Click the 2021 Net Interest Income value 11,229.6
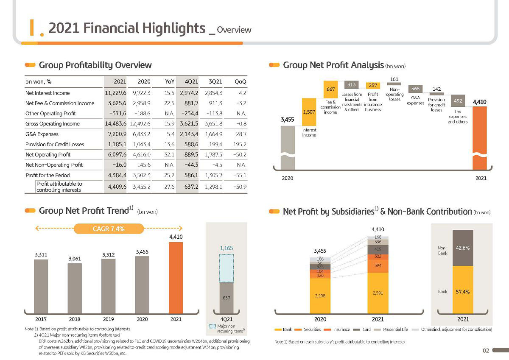[x=115, y=93]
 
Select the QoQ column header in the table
[x=241, y=81]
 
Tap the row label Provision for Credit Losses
[x=55, y=144]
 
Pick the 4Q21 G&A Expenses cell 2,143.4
[x=189, y=134]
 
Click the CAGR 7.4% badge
[x=109, y=229]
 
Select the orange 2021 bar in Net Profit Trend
[x=176, y=278]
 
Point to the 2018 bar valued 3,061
[x=75, y=288]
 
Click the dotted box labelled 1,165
[x=227, y=268]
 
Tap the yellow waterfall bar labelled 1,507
[x=309, y=112]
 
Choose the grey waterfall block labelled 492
[x=458, y=100]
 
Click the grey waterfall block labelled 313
[x=352, y=84]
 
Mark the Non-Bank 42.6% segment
[x=463, y=248]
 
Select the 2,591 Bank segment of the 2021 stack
[x=378, y=293]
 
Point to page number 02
[x=486, y=351]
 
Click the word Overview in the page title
[x=234, y=30]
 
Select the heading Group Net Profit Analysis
[x=333, y=65]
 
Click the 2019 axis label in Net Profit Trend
[x=109, y=319]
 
